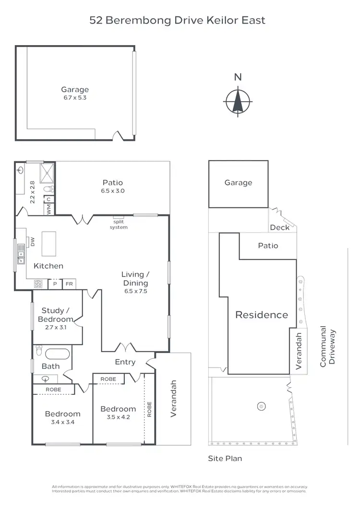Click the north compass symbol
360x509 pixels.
point(238,101)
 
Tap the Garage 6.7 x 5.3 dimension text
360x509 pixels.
point(75,97)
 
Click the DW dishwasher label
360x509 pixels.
point(33,243)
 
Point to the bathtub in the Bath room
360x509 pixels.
point(57,354)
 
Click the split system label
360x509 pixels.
point(120,224)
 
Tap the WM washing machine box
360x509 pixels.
point(49,209)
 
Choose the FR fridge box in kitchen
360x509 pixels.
point(69,284)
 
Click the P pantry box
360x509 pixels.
point(55,284)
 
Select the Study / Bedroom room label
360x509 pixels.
point(57,315)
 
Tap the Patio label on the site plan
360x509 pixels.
point(268,246)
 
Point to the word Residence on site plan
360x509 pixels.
point(262,315)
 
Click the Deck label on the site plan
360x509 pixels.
point(280,227)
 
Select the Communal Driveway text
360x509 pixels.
point(328,347)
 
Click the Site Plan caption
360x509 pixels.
point(225,458)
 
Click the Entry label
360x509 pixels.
point(125,362)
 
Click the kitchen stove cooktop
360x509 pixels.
point(38,284)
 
